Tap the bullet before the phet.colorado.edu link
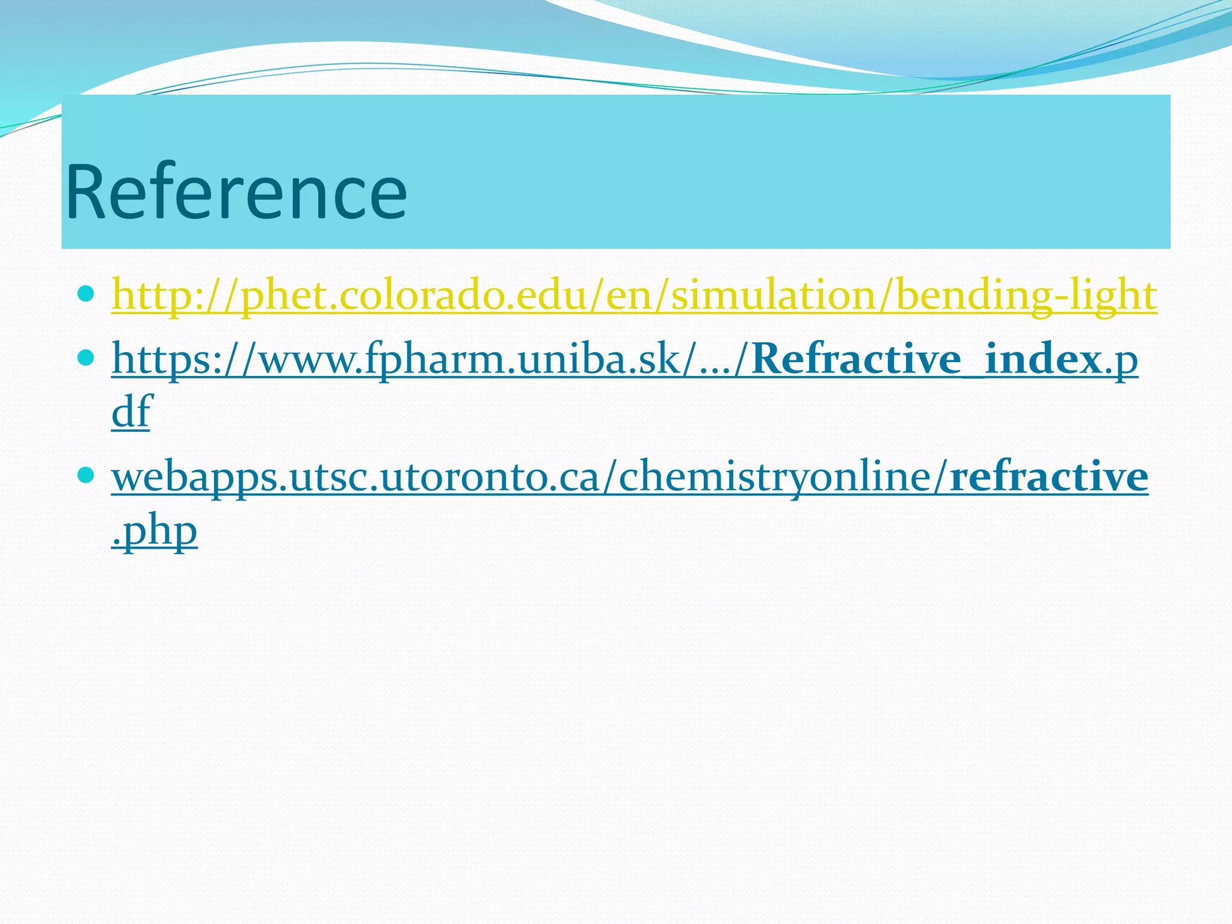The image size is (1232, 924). [86, 294]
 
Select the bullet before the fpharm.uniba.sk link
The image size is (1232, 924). [86, 359]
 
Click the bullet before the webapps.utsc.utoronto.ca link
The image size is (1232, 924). [86, 475]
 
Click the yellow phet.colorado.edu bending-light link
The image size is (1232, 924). [634, 296]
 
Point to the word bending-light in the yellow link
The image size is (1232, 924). [1026, 296]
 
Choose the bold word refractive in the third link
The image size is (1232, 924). [1049, 476]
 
